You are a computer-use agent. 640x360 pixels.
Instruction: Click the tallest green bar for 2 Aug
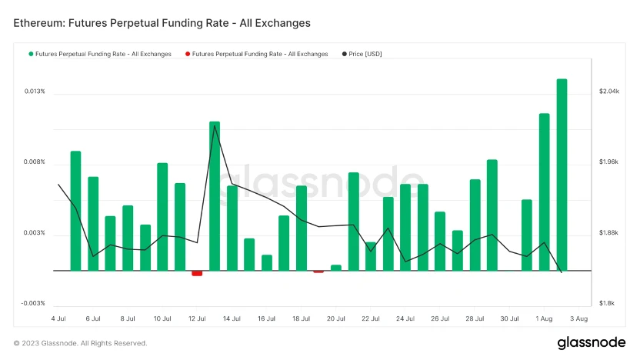click(x=562, y=175)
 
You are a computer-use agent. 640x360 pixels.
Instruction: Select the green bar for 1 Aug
click(x=544, y=192)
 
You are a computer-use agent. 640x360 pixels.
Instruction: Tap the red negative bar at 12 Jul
click(x=197, y=273)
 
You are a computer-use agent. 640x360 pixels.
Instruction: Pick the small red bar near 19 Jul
click(x=318, y=272)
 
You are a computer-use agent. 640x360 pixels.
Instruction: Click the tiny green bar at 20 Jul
click(x=335, y=268)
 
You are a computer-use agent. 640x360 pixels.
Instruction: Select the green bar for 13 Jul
click(x=215, y=196)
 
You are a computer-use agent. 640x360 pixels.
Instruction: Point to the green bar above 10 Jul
click(x=162, y=216)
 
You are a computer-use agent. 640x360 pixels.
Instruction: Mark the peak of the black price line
click(x=215, y=127)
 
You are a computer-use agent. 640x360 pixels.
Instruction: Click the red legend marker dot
click(x=188, y=54)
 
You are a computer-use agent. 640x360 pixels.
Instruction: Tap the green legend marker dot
click(x=31, y=54)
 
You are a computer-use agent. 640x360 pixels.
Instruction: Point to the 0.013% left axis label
click(x=35, y=92)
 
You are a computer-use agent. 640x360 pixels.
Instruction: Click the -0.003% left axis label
click(x=34, y=303)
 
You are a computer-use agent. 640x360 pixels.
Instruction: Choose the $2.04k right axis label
click(x=608, y=92)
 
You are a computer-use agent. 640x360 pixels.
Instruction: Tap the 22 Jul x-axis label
click(x=370, y=318)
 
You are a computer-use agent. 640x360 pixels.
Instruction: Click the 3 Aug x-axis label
click(x=578, y=318)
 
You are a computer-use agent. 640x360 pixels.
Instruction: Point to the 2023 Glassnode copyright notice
click(x=80, y=343)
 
